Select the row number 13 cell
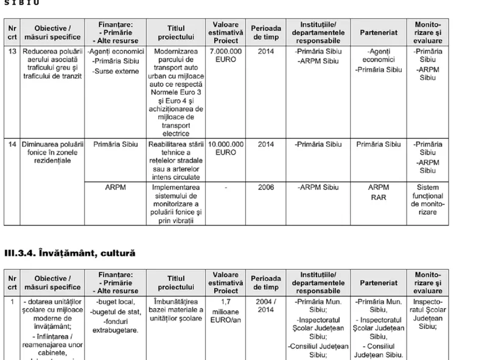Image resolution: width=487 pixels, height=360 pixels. [12, 52]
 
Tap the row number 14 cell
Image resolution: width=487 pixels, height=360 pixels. [12, 145]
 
